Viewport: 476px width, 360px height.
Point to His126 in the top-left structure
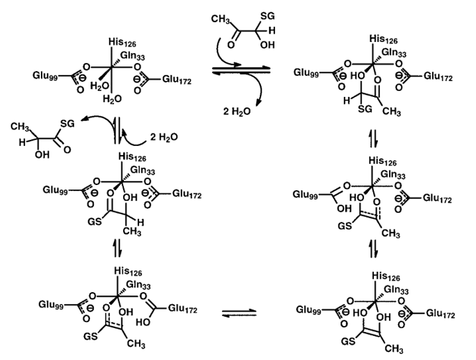click(x=121, y=42)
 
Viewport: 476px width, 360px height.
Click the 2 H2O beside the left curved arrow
click(x=161, y=138)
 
